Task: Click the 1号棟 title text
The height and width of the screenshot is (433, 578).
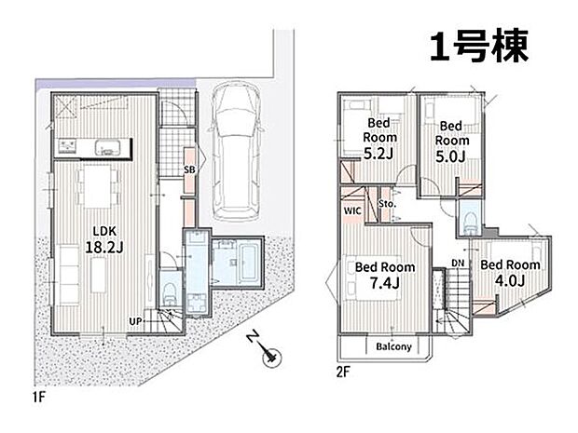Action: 479,46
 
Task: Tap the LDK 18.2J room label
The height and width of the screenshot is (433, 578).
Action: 104,239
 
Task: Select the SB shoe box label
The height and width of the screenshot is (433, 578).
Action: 189,170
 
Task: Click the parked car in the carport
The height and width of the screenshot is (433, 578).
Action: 236,152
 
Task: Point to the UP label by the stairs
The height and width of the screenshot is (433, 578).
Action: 135,321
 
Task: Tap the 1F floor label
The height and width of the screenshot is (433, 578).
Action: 39,397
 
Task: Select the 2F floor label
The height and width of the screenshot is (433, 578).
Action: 342,372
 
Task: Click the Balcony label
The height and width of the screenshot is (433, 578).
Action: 393,346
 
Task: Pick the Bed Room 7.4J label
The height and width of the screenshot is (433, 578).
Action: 385,275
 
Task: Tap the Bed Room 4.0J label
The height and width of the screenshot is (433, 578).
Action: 510,273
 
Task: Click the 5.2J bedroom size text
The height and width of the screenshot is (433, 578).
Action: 378,154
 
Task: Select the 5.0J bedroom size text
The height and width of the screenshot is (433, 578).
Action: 451,156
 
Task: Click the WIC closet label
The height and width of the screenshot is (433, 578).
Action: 352,211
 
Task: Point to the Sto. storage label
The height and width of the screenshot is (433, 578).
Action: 387,203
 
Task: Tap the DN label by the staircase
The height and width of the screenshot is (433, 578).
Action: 458,264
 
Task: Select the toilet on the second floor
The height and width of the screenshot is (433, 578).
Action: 471,223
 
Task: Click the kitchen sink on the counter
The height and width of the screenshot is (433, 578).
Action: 107,148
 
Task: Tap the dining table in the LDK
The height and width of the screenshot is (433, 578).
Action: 98,186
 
